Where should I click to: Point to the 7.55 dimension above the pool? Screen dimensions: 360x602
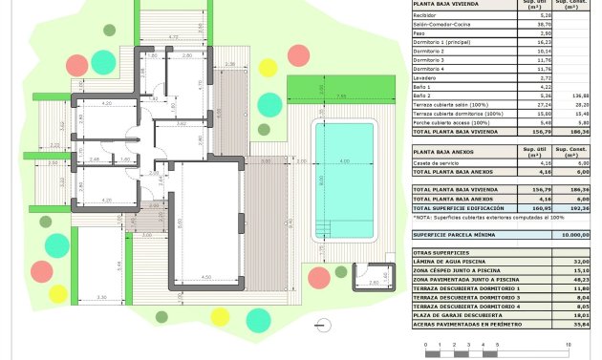[x=341, y=97]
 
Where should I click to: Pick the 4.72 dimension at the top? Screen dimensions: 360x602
[x=173, y=36]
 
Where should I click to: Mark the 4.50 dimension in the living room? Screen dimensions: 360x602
[x=206, y=278]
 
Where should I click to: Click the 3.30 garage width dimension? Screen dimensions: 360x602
[x=102, y=299]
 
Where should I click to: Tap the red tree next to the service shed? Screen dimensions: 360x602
[x=319, y=278]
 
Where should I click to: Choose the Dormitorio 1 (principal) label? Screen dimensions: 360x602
[x=446, y=42]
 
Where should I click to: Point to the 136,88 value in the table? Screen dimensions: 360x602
[x=579, y=95]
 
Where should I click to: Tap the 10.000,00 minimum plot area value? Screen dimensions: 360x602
[x=574, y=233]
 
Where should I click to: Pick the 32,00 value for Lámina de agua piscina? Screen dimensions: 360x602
[x=580, y=261]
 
